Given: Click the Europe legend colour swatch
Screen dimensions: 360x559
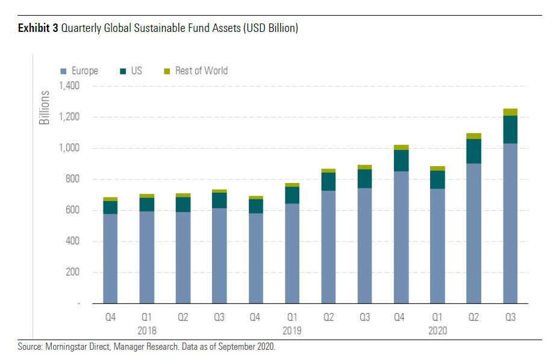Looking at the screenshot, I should [x=64, y=71].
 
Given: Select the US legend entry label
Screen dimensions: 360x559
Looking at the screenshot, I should [x=137, y=71].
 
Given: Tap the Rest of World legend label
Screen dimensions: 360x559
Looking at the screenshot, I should [x=201, y=71].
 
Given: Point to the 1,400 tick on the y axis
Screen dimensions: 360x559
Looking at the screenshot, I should [x=70, y=86].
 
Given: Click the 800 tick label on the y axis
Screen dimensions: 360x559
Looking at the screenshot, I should [x=73, y=179].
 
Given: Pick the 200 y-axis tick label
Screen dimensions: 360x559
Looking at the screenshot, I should [x=73, y=272].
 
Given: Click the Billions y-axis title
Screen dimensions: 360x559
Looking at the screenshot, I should [x=45, y=108].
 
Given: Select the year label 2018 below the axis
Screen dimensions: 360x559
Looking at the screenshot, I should [x=146, y=331].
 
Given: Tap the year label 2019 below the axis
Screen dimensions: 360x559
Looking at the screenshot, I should [x=292, y=331].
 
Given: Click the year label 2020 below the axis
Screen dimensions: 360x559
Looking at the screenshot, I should [x=437, y=331].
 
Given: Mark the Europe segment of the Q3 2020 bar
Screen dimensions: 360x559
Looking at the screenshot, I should [x=510, y=223].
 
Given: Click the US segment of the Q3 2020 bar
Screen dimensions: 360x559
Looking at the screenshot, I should [x=510, y=129].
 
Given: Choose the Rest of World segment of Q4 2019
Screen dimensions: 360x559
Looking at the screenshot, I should [x=401, y=147].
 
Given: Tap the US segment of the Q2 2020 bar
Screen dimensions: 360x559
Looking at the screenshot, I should [x=474, y=151].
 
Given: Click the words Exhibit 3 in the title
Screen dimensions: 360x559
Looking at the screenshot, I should [x=38, y=28].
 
